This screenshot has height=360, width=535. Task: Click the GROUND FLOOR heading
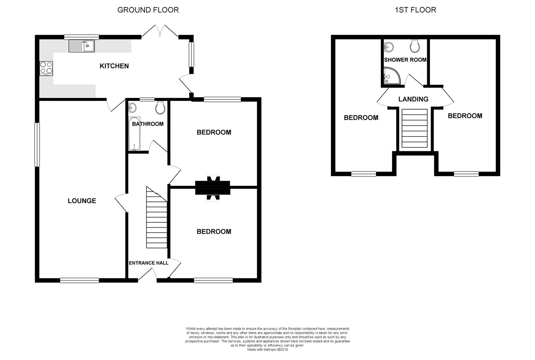click(148, 10)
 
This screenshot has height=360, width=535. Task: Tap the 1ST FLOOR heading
click(415, 10)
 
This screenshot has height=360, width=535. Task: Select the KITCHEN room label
click(114, 66)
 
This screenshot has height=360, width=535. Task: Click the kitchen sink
click(82, 46)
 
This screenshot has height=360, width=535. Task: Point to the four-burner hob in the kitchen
click(46, 69)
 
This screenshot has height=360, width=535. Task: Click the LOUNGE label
click(82, 201)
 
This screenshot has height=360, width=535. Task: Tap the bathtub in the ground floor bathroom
click(134, 134)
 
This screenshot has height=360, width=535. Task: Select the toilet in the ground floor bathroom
click(160, 108)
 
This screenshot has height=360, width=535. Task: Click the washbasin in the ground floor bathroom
click(132, 108)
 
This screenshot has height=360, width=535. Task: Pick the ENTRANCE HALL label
click(148, 263)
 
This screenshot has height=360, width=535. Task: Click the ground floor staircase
click(157, 217)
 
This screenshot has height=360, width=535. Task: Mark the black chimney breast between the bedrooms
click(212, 188)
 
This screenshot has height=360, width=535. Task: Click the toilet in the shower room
click(415, 46)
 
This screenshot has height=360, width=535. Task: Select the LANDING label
click(413, 99)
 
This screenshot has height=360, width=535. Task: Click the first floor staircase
click(415, 128)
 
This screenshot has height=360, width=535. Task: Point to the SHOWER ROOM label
click(405, 60)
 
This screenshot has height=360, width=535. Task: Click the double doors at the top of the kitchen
click(160, 31)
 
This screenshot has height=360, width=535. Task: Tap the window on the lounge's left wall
click(37, 145)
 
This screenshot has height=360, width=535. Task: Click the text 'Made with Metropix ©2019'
click(267, 350)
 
